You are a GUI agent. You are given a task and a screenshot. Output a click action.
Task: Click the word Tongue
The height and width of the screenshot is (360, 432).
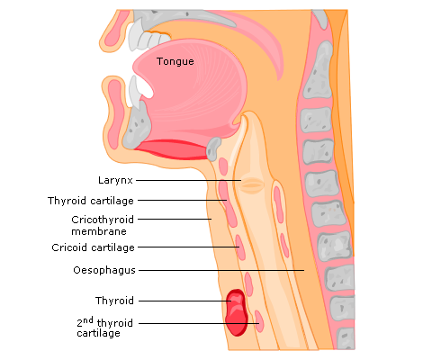(175, 61)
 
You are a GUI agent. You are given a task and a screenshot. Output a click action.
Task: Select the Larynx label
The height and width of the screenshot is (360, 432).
(115, 180)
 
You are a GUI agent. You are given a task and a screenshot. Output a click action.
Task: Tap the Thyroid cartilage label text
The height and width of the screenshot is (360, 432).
(91, 201)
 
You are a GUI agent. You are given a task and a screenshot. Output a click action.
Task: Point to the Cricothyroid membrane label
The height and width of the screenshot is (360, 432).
(103, 225)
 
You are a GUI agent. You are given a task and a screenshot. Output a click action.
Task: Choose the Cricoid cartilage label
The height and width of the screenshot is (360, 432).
(93, 247)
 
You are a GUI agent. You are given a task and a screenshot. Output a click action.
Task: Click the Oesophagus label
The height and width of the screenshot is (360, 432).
(104, 270)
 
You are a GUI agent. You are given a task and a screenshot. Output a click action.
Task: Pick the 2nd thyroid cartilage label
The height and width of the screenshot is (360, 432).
(104, 327)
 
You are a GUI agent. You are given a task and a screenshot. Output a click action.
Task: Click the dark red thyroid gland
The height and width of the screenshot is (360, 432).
(237, 312)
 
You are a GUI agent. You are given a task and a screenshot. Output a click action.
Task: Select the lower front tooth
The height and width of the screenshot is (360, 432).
(134, 92)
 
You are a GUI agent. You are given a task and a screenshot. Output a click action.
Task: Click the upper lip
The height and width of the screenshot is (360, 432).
(114, 30)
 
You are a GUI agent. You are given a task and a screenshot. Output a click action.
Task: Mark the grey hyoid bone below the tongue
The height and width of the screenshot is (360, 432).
(213, 148)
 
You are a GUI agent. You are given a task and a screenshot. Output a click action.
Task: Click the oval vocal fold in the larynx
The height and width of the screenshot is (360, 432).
(252, 185)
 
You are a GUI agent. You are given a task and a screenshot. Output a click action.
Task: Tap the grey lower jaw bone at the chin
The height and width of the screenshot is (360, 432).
(137, 125)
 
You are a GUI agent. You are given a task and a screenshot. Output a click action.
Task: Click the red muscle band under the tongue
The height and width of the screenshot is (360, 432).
(171, 149)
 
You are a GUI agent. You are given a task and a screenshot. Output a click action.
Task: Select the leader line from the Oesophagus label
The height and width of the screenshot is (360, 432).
(221, 270)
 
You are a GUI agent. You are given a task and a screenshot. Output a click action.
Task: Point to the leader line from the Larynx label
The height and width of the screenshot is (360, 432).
(188, 180)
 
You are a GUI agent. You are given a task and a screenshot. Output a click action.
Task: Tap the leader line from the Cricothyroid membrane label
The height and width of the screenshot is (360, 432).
(175, 219)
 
